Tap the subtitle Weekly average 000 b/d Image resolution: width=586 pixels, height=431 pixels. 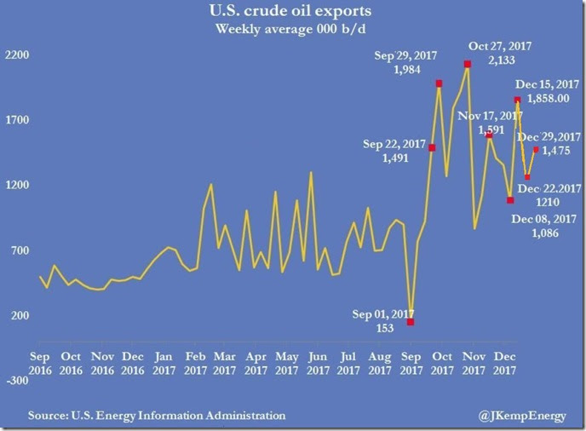pos(292,31)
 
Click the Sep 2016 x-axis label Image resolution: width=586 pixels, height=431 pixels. pos(41,364)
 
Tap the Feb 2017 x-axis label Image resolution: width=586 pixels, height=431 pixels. pos(195,364)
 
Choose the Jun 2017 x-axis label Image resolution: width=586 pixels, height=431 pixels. pos(317,364)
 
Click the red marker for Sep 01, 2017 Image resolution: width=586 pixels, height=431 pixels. pos(411,322)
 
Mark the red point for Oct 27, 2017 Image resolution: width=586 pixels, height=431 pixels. pos(468,64)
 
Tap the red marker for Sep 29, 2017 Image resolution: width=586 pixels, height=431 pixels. pos(439,83)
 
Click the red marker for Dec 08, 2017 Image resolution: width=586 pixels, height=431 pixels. pos(510,200)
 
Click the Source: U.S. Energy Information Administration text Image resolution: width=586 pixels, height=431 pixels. pos(157,415)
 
